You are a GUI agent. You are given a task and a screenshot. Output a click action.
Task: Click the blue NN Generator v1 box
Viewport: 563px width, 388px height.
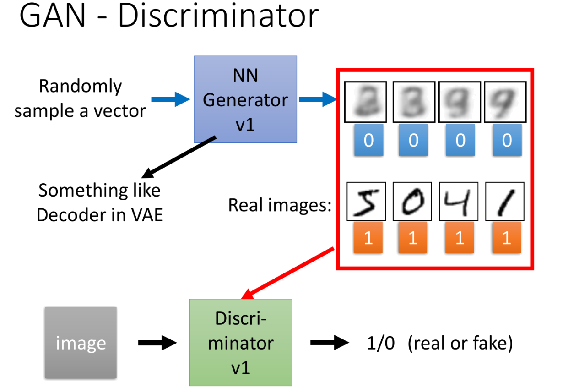point(245,99)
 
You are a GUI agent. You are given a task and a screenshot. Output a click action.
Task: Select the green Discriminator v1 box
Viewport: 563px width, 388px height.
point(241,342)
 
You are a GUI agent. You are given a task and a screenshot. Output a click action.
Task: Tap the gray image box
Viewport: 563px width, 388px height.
point(81,343)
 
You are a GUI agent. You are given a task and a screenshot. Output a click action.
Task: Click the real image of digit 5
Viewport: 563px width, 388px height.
point(366,202)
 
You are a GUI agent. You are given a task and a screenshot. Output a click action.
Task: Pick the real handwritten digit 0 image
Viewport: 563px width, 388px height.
point(412,202)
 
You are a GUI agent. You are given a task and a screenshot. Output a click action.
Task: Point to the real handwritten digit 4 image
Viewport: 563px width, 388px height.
point(459,202)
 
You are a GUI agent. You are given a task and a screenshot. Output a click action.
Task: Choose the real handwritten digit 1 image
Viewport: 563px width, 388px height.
point(505,202)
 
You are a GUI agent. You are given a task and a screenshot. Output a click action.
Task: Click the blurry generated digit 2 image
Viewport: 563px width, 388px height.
point(365,102)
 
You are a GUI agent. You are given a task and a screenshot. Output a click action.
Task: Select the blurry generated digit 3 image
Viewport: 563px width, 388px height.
point(414,102)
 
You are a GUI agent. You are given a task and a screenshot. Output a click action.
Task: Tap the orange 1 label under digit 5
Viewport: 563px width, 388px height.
point(368,237)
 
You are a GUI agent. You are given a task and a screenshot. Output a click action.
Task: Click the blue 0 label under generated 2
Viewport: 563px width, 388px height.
point(369,140)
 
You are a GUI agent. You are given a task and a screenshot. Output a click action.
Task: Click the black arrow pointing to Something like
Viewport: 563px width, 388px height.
point(179,157)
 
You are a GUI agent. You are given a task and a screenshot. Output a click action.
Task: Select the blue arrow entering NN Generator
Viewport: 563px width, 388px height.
point(170,99)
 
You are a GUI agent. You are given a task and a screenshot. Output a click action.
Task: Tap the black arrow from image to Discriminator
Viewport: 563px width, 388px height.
point(157,343)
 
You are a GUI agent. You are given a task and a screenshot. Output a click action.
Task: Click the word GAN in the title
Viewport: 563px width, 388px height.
point(53,16)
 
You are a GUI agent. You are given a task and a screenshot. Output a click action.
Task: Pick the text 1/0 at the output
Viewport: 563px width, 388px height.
point(380,343)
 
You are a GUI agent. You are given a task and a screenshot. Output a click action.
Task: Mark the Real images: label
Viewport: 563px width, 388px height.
point(280,205)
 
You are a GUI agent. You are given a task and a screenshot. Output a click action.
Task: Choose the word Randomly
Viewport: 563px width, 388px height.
point(80,87)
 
